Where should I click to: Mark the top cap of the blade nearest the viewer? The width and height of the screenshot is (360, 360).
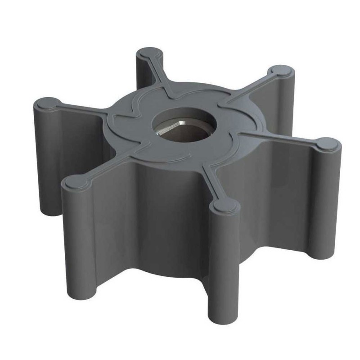[x=224, y=207]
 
